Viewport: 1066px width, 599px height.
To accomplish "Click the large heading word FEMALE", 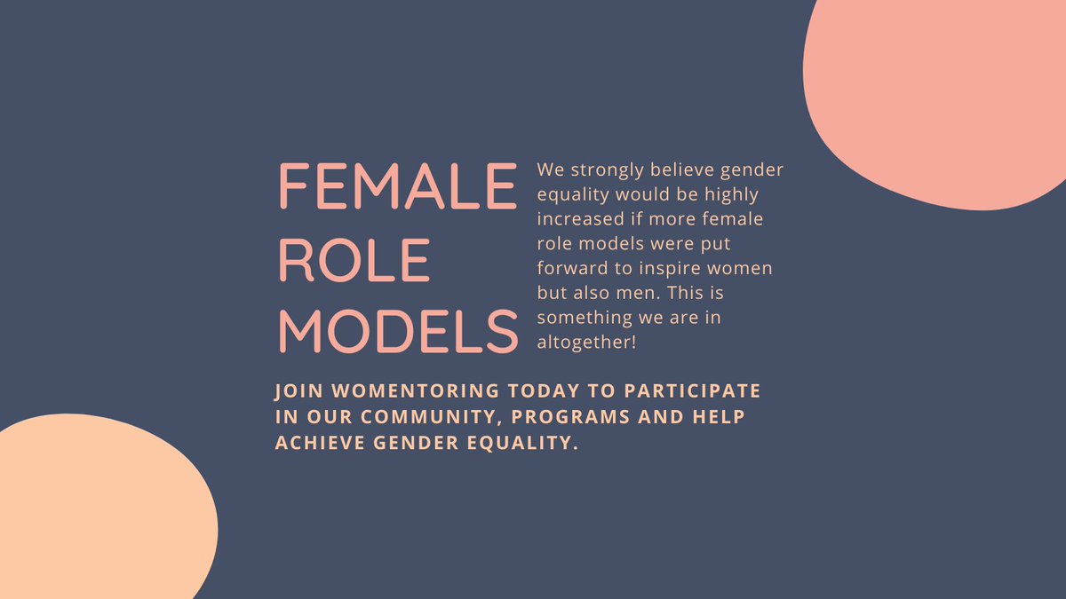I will (397, 186).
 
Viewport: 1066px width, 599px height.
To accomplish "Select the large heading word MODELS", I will (397, 332).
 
